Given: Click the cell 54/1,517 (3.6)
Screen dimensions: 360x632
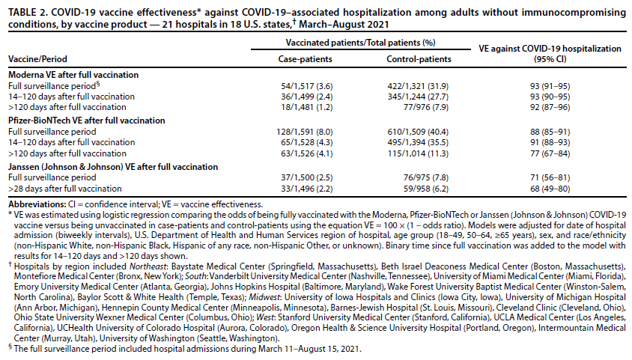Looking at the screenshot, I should coord(300,86).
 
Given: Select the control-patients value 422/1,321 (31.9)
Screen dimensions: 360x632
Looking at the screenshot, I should coord(419,86).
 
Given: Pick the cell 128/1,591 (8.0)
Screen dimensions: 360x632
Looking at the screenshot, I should coord(300,130).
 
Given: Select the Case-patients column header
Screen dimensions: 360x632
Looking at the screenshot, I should coord(300,58).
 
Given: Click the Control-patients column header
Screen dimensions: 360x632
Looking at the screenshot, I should coord(419,58).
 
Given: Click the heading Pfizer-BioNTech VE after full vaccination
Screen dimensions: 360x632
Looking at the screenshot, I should coord(86,119).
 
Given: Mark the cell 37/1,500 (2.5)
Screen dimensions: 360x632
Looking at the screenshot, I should coord(300,177).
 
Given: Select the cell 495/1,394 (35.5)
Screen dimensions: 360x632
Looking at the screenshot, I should coord(419,141).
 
